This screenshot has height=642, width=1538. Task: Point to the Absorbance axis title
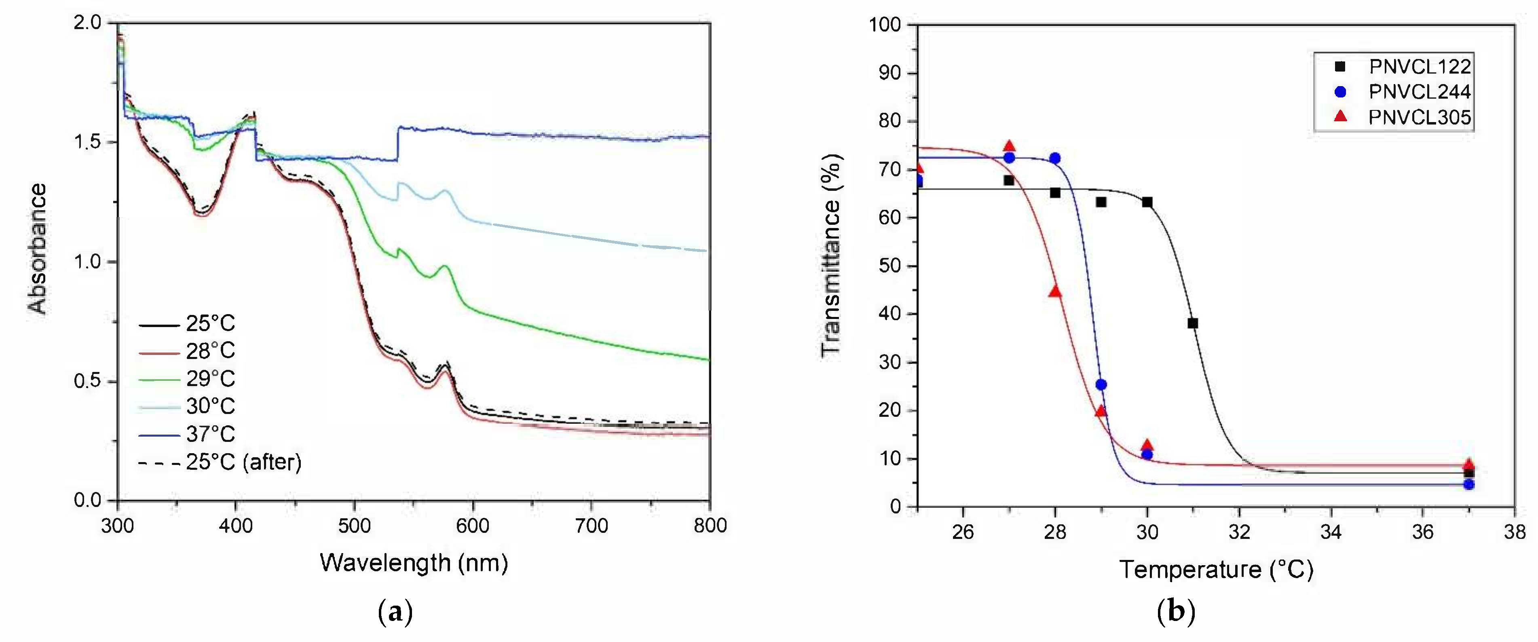point(38,249)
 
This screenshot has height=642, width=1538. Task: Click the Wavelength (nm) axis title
point(414,563)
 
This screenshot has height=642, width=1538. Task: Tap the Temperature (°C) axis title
point(1216,570)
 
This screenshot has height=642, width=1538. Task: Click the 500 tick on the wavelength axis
point(355,526)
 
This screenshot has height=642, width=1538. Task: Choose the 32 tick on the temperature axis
point(1239,532)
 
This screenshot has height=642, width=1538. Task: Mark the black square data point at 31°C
point(1192,323)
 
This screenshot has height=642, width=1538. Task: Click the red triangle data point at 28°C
point(1055,291)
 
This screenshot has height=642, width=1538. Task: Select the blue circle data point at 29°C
point(1101,384)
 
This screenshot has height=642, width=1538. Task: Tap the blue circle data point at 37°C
point(1469,484)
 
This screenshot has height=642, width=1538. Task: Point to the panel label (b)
point(1176,612)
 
